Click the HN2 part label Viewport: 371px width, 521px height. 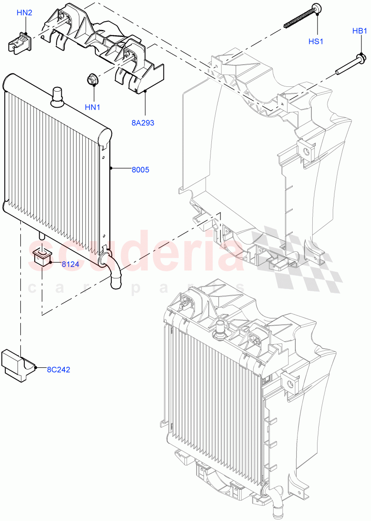pos(24,13)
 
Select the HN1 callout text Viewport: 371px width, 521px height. pos(92,107)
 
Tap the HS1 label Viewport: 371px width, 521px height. pos(316,42)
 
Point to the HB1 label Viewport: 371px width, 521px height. pos(360,31)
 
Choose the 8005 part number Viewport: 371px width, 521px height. pos(140,170)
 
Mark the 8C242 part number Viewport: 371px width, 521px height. pos(59,370)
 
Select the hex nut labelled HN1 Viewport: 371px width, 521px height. pos(92,80)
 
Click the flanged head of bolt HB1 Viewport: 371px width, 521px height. pos(360,57)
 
